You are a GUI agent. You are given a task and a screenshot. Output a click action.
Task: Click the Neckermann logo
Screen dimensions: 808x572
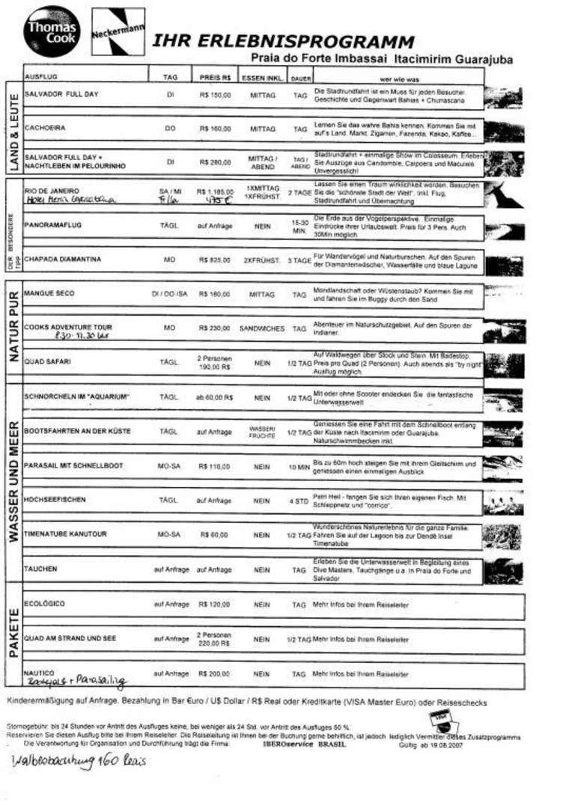pyautogui.click(x=117, y=31)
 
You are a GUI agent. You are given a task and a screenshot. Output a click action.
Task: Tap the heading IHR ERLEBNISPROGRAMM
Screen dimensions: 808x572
pyautogui.click(x=283, y=41)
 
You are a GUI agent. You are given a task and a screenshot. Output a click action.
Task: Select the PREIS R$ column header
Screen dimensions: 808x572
pyautogui.click(x=214, y=76)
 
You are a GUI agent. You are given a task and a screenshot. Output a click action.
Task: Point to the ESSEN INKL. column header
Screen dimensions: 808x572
pyautogui.click(x=261, y=76)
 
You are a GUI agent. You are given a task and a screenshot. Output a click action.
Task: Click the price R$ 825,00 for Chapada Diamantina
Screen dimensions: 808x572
pyautogui.click(x=214, y=260)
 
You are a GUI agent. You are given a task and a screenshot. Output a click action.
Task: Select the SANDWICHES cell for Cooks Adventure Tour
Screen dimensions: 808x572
pyautogui.click(x=262, y=328)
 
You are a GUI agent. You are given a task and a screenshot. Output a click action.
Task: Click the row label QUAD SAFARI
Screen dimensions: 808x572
pyautogui.click(x=48, y=361)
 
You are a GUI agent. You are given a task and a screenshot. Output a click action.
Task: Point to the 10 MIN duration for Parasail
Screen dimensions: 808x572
pyautogui.click(x=299, y=466)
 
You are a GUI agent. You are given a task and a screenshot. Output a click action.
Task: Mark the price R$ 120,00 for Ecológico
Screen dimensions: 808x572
pyautogui.click(x=214, y=604)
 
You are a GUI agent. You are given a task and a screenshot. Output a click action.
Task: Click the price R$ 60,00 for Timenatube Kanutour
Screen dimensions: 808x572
pyautogui.click(x=214, y=534)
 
